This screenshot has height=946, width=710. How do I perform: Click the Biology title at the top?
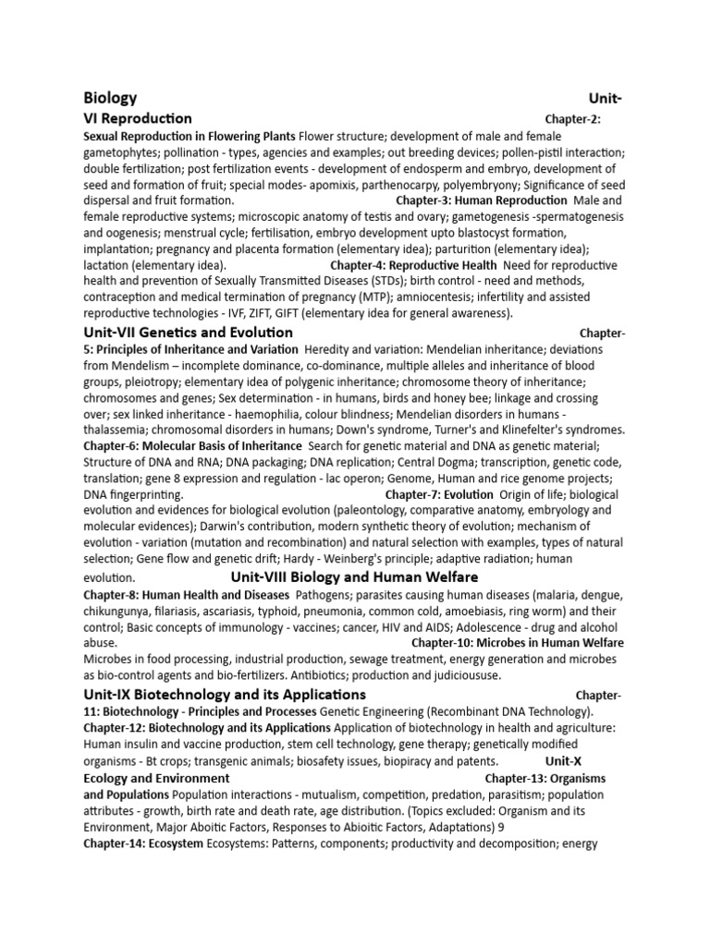(110, 98)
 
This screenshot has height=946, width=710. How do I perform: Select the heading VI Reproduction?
(138, 118)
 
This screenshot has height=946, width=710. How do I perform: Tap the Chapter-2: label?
(574, 119)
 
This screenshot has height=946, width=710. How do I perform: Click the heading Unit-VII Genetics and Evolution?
(189, 333)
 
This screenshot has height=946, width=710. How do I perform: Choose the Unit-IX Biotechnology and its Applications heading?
(225, 695)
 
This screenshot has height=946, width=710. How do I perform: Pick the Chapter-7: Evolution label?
(439, 495)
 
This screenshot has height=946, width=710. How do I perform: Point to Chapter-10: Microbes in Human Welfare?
(518, 643)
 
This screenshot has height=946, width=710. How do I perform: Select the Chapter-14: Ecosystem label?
(143, 844)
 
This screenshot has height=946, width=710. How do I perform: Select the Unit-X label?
(565, 761)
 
